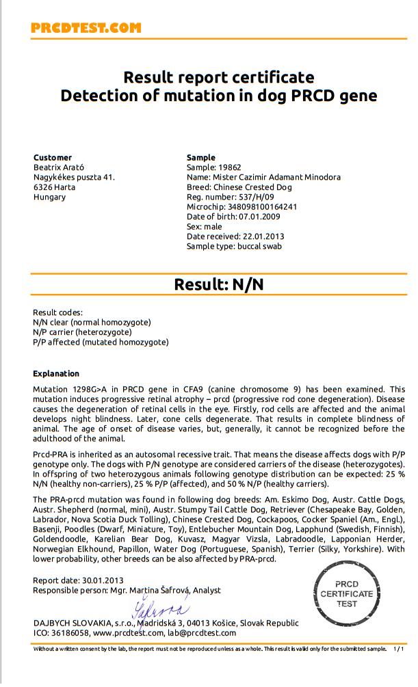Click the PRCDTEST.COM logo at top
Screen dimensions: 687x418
86,28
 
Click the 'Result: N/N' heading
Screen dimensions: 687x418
218,284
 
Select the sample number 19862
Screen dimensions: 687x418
229,167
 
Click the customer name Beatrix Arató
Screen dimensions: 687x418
59,167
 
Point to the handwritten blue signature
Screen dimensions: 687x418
159,607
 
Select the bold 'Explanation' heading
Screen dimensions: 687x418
56,374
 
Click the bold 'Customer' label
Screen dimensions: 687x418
53,157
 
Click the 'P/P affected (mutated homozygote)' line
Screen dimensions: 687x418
101,342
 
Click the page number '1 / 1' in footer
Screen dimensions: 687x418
399,649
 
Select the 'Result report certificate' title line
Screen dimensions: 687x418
218,77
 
